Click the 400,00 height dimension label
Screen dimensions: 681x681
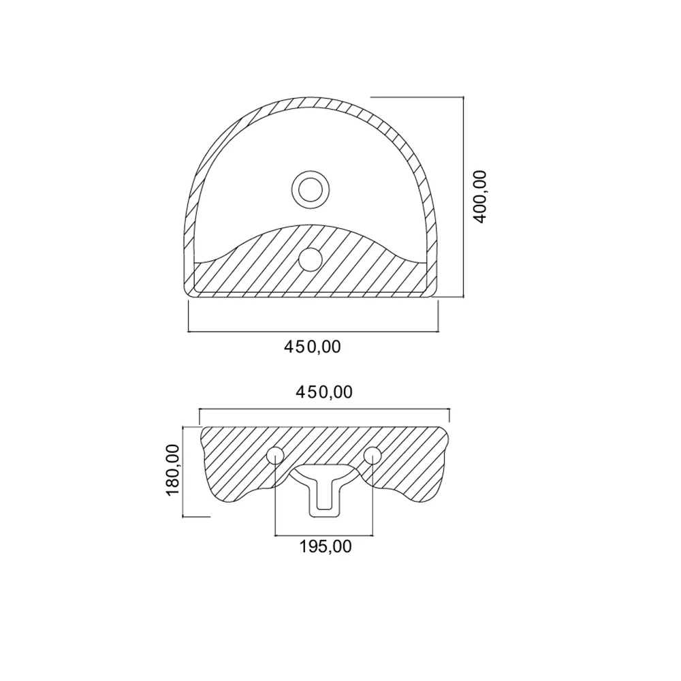tap(480, 197)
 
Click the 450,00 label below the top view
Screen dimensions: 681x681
tap(313, 347)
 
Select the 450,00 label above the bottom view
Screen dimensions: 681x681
tap(324, 392)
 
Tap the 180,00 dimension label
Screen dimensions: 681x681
tap(172, 469)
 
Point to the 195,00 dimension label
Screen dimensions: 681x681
tap(326, 546)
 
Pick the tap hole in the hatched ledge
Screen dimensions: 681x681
tap(311, 259)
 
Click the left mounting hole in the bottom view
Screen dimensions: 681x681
tap(275, 455)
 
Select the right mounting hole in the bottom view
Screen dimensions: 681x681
tap(373, 455)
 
